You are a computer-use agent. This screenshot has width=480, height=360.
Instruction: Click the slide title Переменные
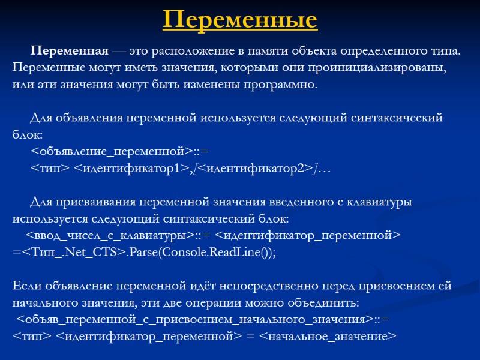pos(240,20)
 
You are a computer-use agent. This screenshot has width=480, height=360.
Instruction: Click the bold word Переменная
pos(70,50)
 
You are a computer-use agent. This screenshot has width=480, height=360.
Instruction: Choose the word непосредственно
pos(252,285)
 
